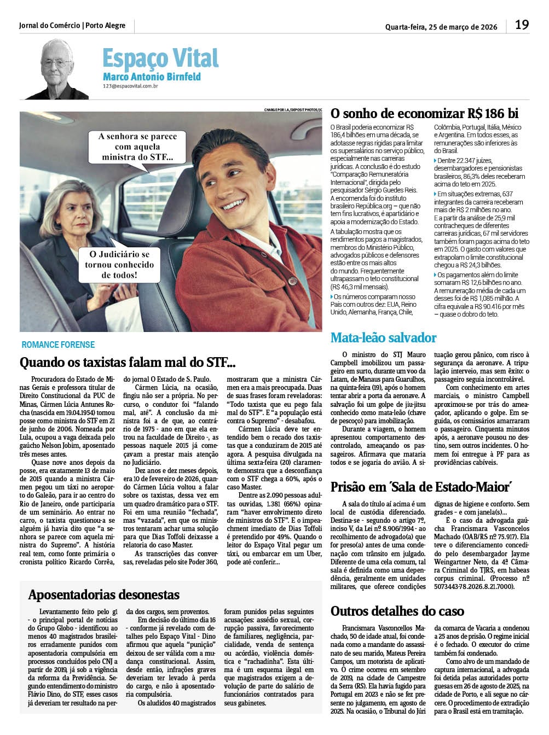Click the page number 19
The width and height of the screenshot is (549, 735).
pyautogui.click(x=522, y=25)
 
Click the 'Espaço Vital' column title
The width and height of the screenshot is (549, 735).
pyautogui.click(x=160, y=57)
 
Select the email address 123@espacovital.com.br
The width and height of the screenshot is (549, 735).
pyautogui.click(x=130, y=86)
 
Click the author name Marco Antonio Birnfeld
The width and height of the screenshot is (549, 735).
pyautogui.click(x=152, y=77)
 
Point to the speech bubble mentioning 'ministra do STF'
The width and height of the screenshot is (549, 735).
pyautogui.click(x=137, y=147)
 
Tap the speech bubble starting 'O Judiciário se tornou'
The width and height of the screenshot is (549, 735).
pyautogui.click(x=119, y=264)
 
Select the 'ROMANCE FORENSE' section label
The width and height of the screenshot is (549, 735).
pyautogui.click(x=58, y=345)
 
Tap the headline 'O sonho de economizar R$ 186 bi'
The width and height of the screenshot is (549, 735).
pyautogui.click(x=424, y=113)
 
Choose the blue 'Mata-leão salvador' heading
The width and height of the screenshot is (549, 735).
pyautogui.click(x=383, y=337)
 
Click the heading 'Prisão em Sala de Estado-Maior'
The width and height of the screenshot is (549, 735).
pyautogui.click(x=421, y=487)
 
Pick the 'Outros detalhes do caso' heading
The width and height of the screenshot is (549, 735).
pyautogui.click(x=397, y=611)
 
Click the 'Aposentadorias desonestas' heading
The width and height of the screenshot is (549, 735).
pyautogui.click(x=103, y=594)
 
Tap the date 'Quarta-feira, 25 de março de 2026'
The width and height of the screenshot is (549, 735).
pyautogui.click(x=441, y=26)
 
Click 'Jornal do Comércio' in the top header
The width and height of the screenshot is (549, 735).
pyautogui.click(x=49, y=25)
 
